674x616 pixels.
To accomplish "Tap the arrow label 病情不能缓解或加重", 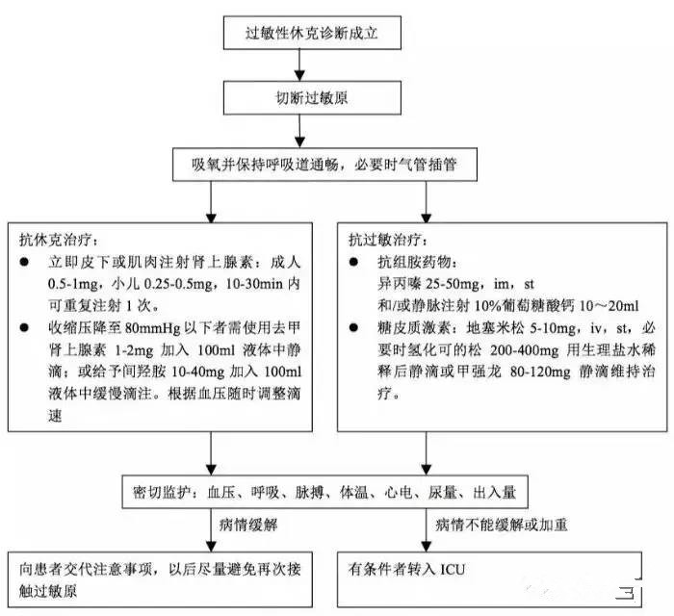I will point(495,525).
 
